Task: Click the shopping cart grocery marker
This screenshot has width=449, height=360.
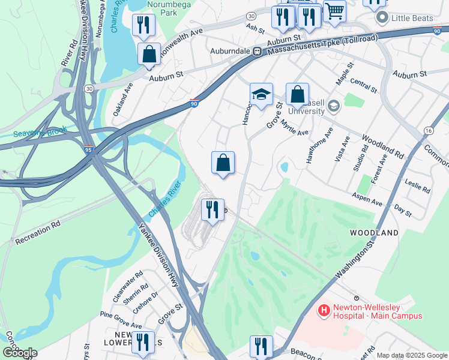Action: (x=334, y=10)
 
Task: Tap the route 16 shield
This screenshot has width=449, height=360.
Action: (x=428, y=130)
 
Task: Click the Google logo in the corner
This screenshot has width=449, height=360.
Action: (x=19, y=353)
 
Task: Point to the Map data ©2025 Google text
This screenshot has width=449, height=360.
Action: (x=411, y=355)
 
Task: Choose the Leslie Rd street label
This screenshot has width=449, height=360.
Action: (x=418, y=186)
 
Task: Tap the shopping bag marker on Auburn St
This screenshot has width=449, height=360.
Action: (x=149, y=54)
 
